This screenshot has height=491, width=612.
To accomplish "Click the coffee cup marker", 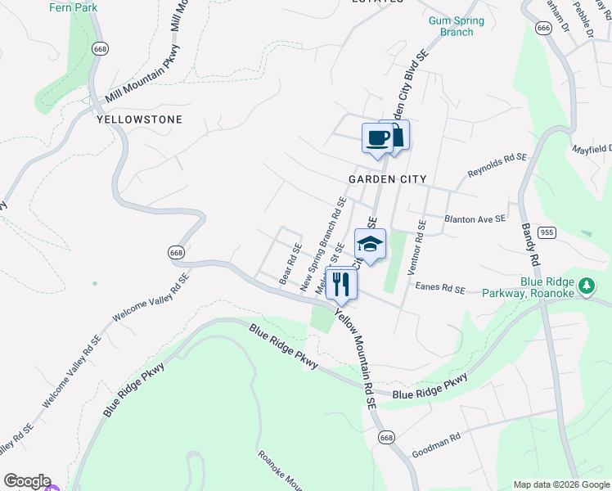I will (378, 137).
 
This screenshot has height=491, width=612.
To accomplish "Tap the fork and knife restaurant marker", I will (341, 284).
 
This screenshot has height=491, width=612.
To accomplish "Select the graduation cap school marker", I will (370, 244).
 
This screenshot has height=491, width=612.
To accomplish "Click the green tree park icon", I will (586, 286).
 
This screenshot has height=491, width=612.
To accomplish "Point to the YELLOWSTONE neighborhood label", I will (139, 119).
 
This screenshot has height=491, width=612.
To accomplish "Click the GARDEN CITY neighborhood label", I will (388, 179).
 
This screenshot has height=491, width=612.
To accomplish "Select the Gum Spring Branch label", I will (457, 26).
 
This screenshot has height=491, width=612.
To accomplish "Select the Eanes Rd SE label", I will (439, 289).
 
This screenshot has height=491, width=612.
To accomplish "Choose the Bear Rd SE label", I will (290, 264).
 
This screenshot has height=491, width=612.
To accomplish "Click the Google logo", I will (26, 481).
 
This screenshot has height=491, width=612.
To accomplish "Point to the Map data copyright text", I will (560, 484).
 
